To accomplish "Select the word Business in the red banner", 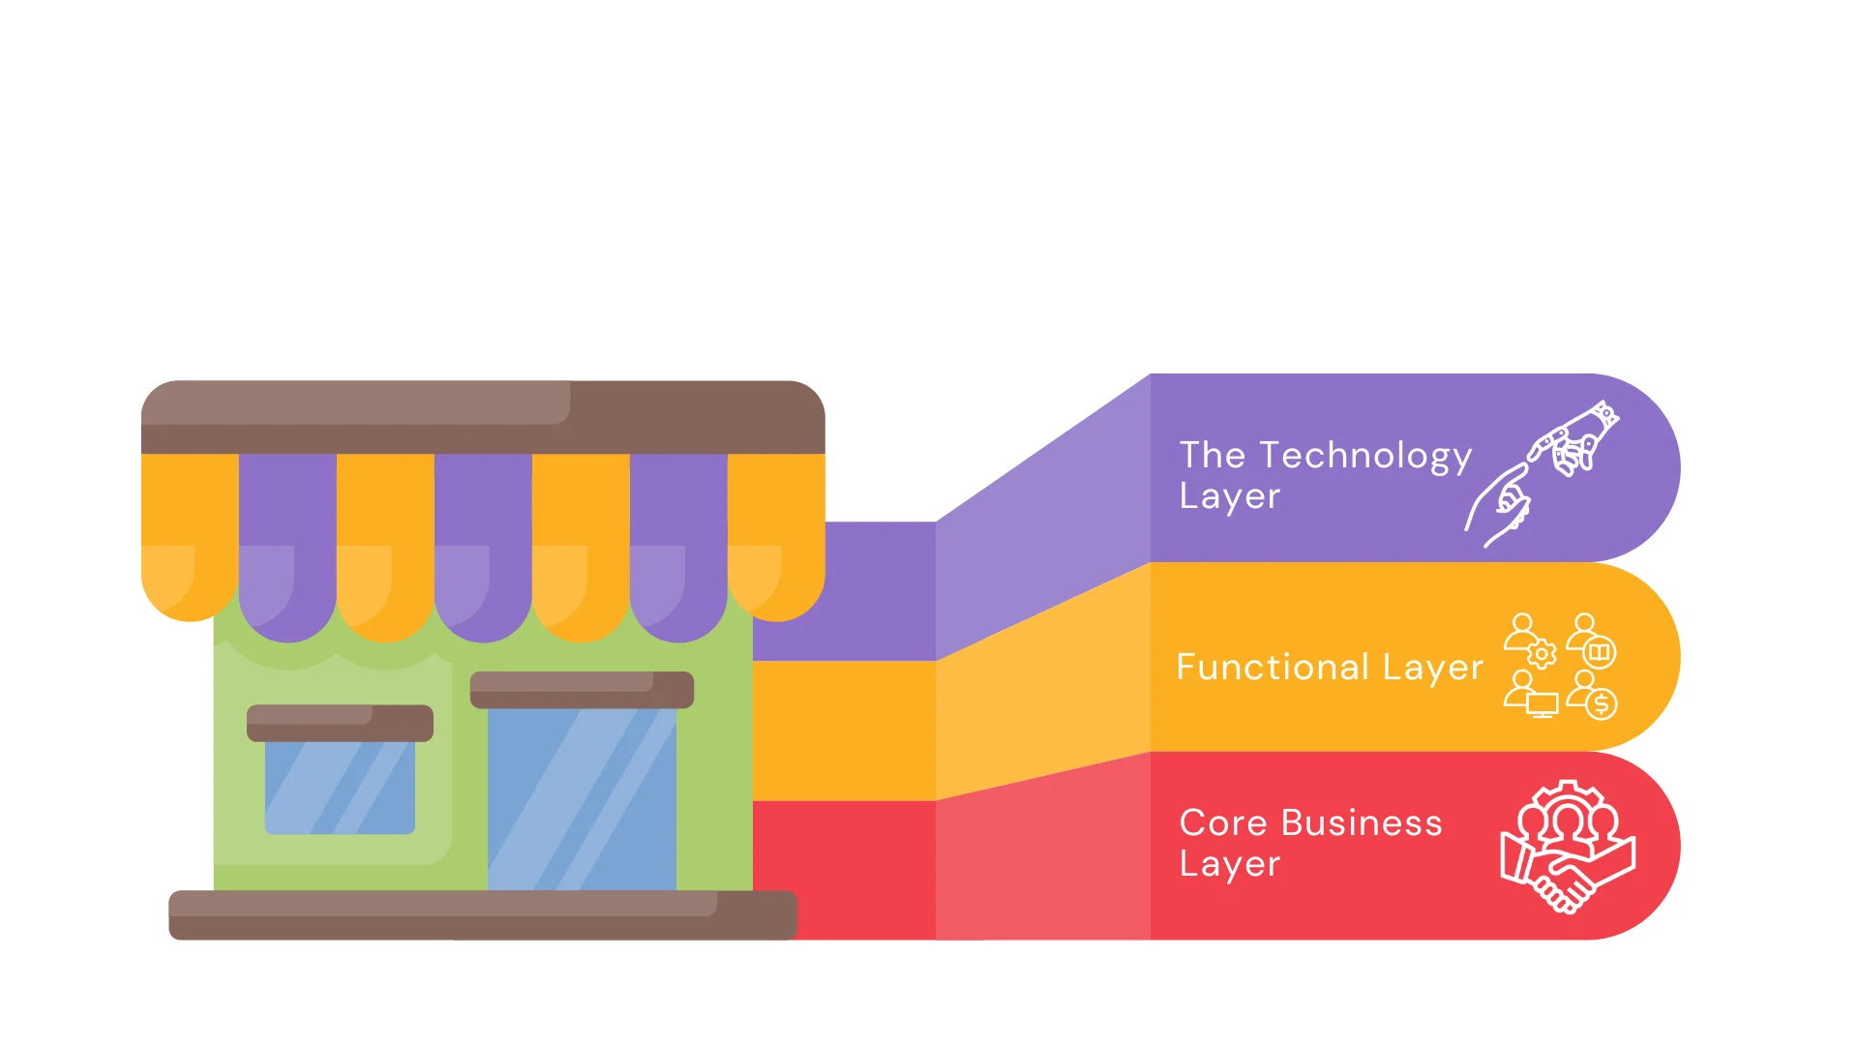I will [1362, 822].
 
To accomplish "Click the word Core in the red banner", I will [1223, 822].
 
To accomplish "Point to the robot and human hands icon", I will [1543, 473].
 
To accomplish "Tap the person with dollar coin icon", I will [1592, 695].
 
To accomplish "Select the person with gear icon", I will [1530, 640].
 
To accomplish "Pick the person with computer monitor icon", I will [1530, 695].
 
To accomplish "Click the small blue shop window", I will [340, 787].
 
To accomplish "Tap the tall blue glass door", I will [582, 798].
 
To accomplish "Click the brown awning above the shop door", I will [582, 689].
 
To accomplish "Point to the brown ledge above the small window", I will [340, 722].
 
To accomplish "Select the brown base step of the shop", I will [482, 914].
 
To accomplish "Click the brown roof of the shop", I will [482, 416].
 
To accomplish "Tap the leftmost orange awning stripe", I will [190, 532].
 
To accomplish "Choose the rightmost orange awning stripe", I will [776, 532].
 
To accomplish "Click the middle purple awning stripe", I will [483, 542].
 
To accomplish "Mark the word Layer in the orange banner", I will [1432, 667].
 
